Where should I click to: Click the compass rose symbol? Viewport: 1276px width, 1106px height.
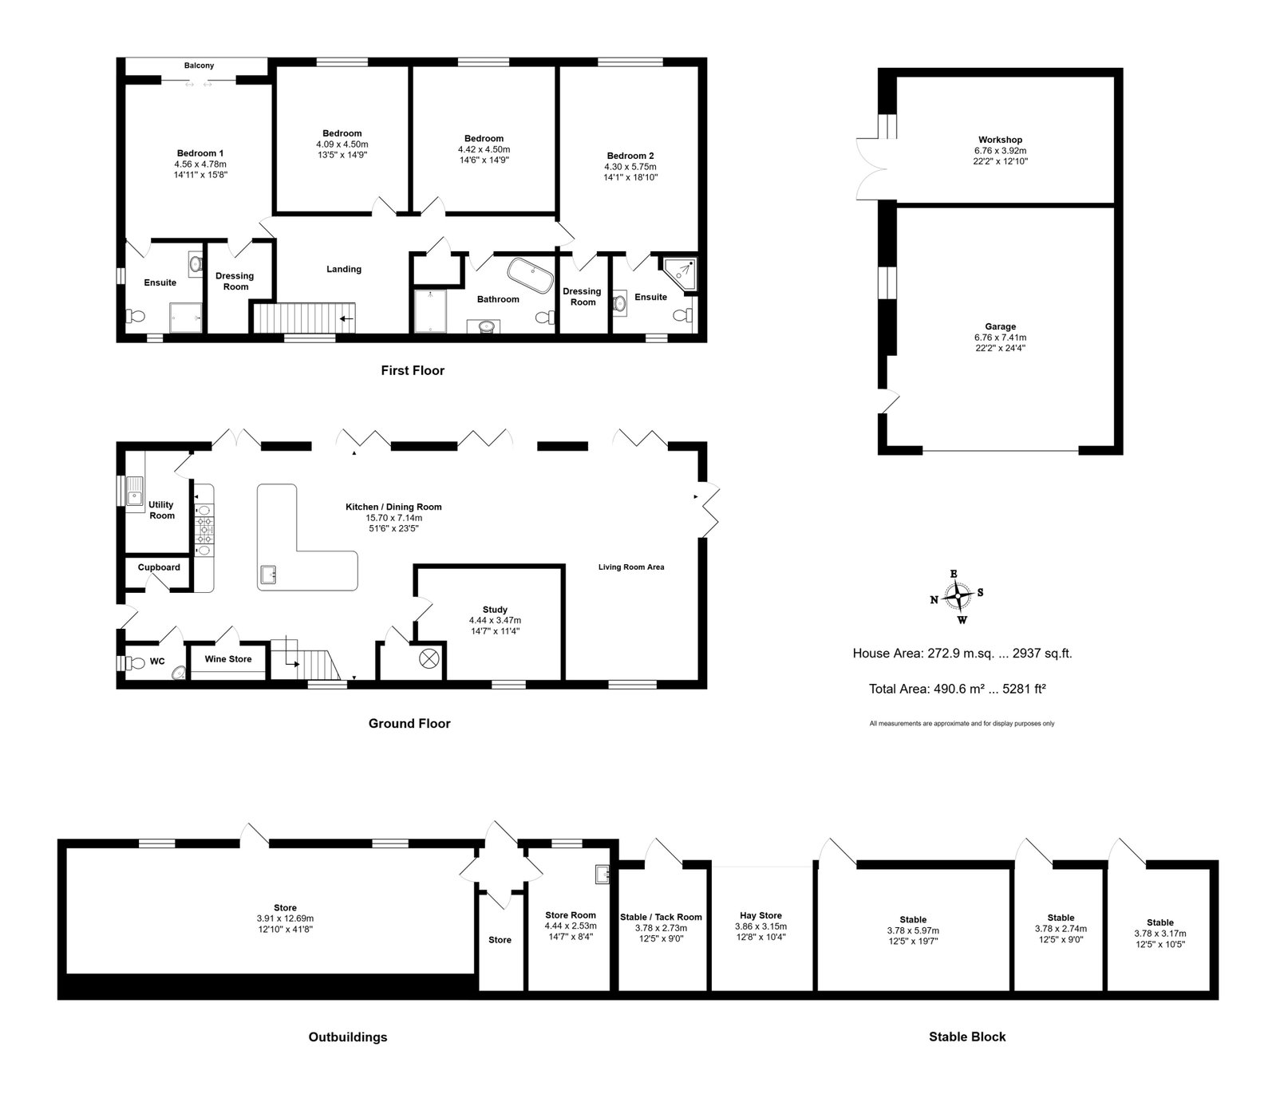pyautogui.click(x=957, y=595)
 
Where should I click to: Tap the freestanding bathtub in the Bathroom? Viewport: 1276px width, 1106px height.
pyautogui.click(x=531, y=273)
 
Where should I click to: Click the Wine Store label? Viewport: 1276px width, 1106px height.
pyautogui.click(x=228, y=659)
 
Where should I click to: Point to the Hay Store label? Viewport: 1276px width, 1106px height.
pyautogui.click(x=758, y=915)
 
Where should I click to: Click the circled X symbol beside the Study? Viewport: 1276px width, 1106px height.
pyautogui.click(x=429, y=658)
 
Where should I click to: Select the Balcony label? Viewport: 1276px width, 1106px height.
pyautogui.click(x=199, y=65)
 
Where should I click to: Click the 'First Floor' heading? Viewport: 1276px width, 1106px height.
pyautogui.click(x=412, y=370)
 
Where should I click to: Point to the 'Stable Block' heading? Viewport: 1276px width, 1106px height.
pyautogui.click(x=967, y=1037)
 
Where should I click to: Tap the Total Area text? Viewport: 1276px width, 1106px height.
pyautogui.click(x=958, y=689)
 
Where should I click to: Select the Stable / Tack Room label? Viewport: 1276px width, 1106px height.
pyautogui.click(x=661, y=917)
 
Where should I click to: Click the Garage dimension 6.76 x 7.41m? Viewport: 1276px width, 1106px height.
pyautogui.click(x=1000, y=338)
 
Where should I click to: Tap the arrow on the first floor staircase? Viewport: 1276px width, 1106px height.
pyautogui.click(x=346, y=318)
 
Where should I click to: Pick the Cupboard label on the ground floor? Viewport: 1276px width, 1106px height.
pyautogui.click(x=159, y=567)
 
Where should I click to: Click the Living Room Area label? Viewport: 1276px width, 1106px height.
pyautogui.click(x=631, y=567)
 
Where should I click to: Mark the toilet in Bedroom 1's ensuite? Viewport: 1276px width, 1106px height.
pyautogui.click(x=135, y=316)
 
